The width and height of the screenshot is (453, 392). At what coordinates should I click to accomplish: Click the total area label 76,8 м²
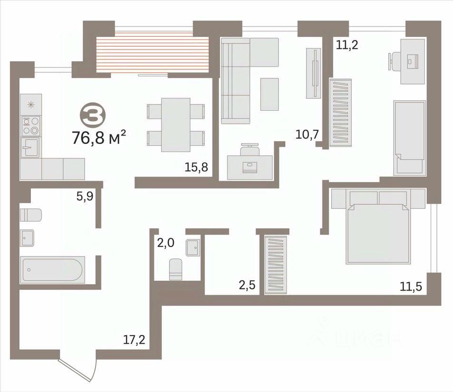98,137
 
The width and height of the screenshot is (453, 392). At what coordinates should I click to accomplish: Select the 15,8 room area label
196,167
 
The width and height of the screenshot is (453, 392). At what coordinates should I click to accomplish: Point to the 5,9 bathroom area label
85,196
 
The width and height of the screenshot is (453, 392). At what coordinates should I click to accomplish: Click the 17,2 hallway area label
134,340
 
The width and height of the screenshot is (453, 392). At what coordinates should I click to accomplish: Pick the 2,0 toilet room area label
165,243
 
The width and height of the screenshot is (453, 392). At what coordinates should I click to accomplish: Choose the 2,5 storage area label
247,285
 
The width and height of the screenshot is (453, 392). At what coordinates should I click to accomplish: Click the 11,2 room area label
347,45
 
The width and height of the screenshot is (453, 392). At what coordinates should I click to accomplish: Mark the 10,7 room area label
307,134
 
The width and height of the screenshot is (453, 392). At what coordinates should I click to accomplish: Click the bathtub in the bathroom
52,269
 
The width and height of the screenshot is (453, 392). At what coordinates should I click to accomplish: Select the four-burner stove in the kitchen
31,126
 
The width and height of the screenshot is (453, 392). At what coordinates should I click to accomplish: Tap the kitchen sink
30,147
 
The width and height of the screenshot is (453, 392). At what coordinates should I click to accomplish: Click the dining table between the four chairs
176,125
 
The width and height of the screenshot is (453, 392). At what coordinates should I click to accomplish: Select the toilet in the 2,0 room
176,269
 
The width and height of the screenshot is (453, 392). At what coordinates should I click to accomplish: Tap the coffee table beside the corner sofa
270,94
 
